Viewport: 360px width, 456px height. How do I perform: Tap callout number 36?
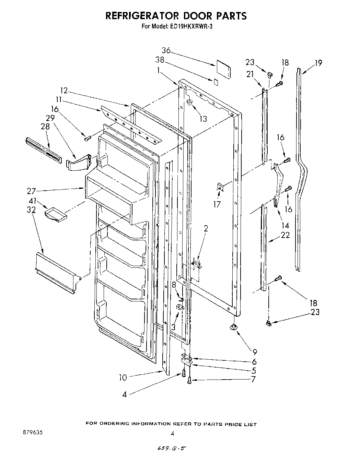tap(166, 50)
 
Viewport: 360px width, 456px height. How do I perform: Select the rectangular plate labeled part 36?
tap(223, 70)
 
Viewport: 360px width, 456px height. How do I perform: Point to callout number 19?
tap(318, 63)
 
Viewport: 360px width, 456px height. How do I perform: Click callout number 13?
tap(203, 119)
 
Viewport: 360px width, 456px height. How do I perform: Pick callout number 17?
tap(217, 204)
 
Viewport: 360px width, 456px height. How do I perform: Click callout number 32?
tap(31, 210)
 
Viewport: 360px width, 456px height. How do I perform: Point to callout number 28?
tap(45, 126)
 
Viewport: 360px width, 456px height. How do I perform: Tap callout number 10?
tap(123, 377)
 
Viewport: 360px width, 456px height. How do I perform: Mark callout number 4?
tap(125, 394)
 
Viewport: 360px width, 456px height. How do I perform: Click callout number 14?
tap(285, 226)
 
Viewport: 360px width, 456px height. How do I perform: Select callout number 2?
tap(206, 229)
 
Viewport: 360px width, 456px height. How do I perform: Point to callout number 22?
tap(285, 235)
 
